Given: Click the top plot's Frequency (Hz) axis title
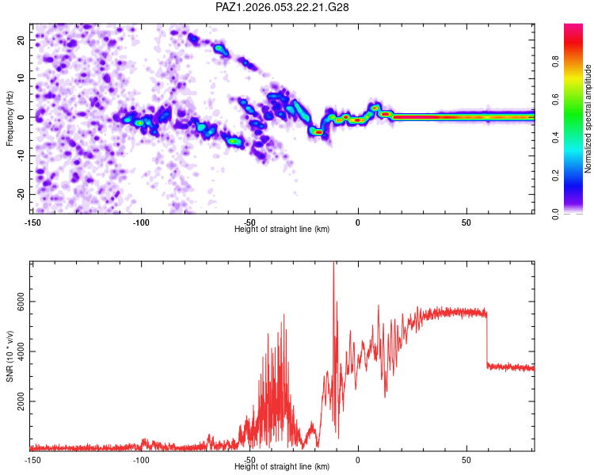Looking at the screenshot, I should pos(10,117).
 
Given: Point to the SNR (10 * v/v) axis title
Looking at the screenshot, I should pos(10,355).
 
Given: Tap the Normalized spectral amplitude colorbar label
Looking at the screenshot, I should pos(588,119).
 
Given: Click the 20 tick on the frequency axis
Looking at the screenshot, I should pos(21,40).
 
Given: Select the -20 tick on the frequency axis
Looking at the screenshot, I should pos(20,194).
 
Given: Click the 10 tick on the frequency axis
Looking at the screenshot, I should pos(21,78).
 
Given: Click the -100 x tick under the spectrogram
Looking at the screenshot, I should pos(141,222).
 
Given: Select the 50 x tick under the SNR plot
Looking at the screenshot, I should pos(466,460).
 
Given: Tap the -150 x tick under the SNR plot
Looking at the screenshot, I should pos(32,460).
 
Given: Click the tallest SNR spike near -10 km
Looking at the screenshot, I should pos(333,265).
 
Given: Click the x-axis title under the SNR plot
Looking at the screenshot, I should pos(282,467).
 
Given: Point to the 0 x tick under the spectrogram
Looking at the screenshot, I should pos(358,222).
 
